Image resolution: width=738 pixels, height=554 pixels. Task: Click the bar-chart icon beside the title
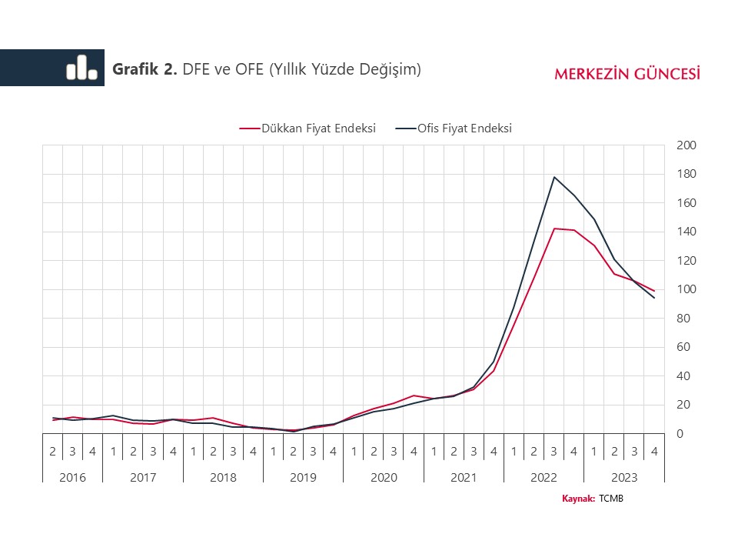coord(81,68)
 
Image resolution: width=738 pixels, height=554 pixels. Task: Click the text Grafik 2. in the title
coord(145,69)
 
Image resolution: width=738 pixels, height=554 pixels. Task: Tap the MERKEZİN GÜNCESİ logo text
coord(627,74)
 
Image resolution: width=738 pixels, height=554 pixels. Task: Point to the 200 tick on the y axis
coord(686,145)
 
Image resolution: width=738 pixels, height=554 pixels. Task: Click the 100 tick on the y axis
coord(686,289)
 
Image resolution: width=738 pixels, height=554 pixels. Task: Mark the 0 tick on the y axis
coord(680,434)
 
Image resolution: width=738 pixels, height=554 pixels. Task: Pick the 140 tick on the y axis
coord(686,232)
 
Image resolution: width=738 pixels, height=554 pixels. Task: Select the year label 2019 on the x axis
coord(303,477)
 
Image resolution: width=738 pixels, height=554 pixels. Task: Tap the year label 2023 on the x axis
coord(623,477)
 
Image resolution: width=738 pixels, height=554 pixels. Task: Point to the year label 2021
coord(464,477)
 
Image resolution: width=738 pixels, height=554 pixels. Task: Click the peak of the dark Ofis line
coord(554,177)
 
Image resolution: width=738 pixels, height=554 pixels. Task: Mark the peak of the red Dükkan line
coord(554,229)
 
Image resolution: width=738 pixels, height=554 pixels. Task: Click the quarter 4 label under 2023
coord(653,452)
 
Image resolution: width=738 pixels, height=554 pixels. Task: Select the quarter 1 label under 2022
coord(514,452)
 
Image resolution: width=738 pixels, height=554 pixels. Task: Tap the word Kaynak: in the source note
coord(579,499)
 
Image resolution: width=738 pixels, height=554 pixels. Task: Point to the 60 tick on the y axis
coord(683,347)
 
